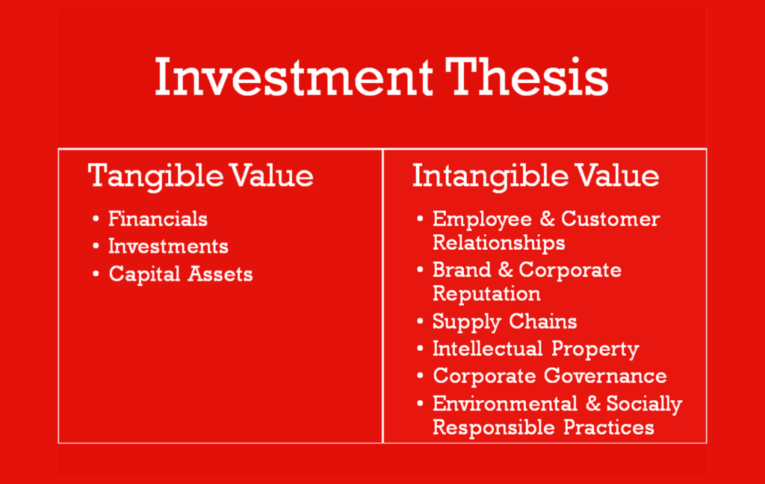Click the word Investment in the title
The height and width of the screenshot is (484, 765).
294,77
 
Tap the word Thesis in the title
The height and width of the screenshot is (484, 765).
527,76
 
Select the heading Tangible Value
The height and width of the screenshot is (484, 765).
200,177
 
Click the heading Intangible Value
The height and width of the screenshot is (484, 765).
536,177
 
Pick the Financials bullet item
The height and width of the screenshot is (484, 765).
158,218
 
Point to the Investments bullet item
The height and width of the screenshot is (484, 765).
168,246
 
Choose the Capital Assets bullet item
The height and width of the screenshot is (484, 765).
181,274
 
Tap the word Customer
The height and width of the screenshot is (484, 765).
610,218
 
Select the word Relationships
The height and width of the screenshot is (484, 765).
498,242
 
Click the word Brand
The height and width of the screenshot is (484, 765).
462,270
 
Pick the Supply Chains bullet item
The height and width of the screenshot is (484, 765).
504,322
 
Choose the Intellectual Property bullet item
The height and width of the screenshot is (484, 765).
536,349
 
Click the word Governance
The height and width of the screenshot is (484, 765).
605,376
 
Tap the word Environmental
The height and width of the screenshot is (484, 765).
505,404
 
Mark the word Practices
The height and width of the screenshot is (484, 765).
609,428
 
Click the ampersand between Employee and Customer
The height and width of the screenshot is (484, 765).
547,218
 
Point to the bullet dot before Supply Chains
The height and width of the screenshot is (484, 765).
420,322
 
